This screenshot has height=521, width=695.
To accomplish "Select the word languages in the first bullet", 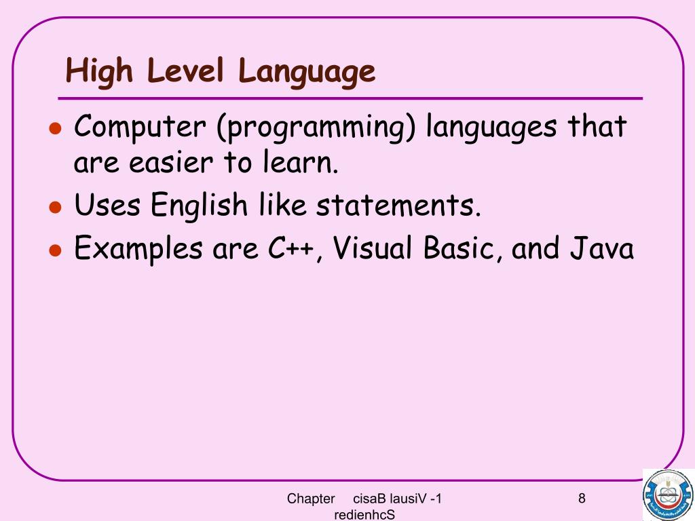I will click(492, 128).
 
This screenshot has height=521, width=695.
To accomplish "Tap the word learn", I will click(299, 163).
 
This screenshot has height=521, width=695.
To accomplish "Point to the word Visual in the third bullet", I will click(371, 248).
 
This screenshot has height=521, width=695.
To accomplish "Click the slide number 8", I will click(582, 499).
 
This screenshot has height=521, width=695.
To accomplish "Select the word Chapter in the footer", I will click(311, 499).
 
